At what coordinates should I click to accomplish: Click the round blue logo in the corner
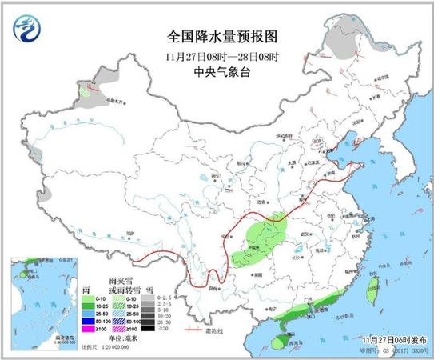click(x=27, y=30)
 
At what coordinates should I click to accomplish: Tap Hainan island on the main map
click(x=281, y=343)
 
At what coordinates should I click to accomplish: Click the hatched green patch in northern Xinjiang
click(x=85, y=92)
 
